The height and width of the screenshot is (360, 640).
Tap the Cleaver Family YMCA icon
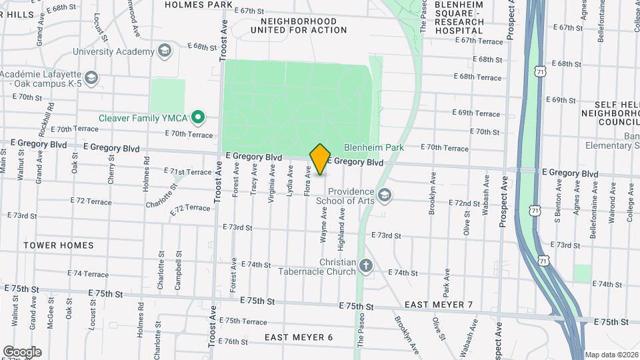point(197,118)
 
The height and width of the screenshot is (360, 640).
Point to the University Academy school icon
point(163,51)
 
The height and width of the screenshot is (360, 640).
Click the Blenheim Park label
point(365,148)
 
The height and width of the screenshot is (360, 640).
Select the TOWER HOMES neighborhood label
point(59,245)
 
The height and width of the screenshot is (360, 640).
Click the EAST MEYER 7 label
point(439,305)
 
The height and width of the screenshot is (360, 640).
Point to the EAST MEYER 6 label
point(298,337)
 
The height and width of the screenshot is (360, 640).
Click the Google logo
point(22,351)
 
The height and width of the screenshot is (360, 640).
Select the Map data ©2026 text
point(611,355)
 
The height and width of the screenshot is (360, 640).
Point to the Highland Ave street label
point(341,229)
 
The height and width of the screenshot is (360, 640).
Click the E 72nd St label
point(464,203)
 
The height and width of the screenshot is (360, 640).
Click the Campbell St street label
point(178,271)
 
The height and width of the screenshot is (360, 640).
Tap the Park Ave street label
point(446,283)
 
